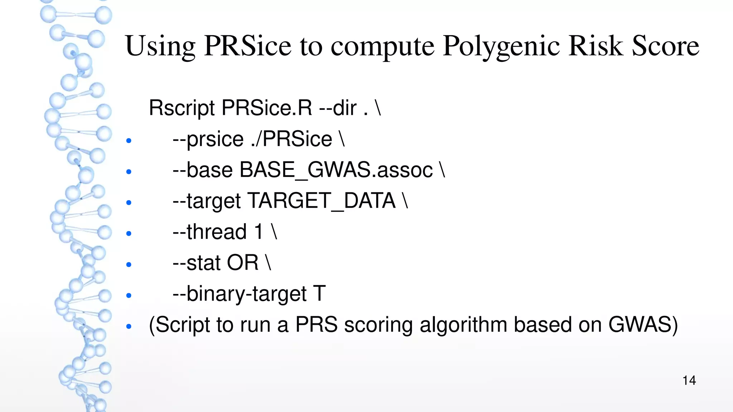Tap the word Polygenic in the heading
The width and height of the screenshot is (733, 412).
coord(501,46)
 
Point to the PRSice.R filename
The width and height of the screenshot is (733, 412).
coord(267,108)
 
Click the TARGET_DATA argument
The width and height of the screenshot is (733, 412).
coord(321,201)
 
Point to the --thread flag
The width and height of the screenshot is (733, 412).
coord(210,231)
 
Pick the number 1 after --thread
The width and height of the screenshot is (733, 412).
coord(259,231)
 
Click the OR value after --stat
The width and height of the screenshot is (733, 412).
coord(242,263)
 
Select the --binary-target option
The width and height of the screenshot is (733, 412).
coord(239,294)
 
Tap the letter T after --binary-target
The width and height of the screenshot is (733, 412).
coord(320,294)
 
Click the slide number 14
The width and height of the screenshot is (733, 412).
coord(689,380)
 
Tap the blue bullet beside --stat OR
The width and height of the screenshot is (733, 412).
coord(129,265)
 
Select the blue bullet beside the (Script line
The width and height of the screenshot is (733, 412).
coord(129,327)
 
